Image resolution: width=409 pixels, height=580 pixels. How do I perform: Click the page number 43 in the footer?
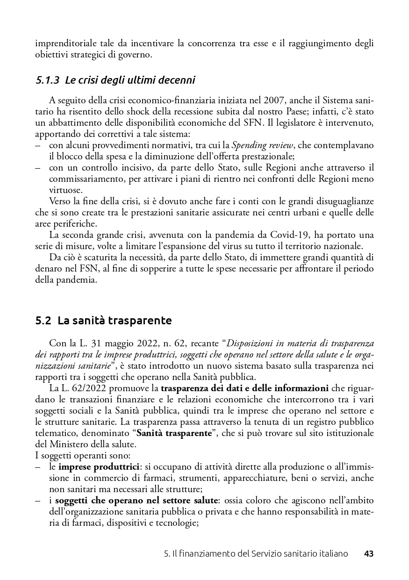(368, 554)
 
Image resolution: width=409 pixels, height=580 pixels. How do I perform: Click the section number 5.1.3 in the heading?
(47, 80)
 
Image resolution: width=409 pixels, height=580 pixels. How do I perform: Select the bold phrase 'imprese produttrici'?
(105, 467)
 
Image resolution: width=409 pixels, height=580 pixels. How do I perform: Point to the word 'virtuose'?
(65, 190)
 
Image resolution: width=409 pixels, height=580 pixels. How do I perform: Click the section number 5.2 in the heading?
(43, 321)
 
